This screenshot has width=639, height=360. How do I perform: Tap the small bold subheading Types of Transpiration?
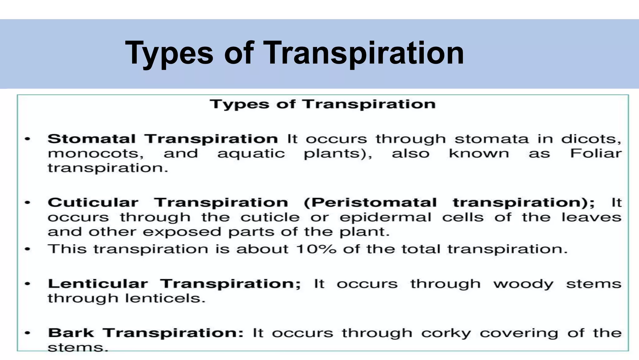323,104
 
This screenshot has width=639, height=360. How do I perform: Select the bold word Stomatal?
91,139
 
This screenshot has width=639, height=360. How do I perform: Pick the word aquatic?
251,153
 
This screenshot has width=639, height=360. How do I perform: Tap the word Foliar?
596,153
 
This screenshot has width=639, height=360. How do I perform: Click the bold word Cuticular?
93,202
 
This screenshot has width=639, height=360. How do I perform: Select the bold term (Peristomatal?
370,202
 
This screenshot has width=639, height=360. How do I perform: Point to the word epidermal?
386,217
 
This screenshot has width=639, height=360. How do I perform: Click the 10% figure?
316,249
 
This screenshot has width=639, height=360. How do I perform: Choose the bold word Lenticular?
98,284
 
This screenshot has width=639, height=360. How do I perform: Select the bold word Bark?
71,333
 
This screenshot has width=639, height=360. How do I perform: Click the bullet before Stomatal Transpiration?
28,139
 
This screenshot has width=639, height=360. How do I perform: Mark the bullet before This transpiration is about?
28,249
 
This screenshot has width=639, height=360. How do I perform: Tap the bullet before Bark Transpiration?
28,333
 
